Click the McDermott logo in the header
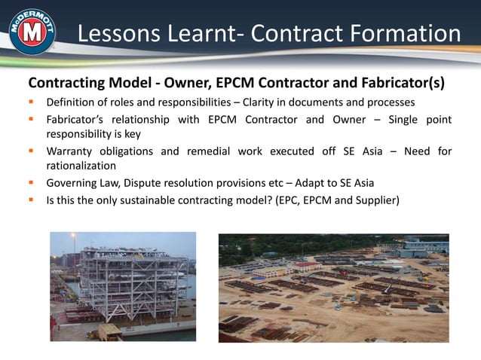pyautogui.click(x=31, y=32)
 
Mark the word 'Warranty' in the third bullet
pyautogui.click(x=72, y=151)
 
